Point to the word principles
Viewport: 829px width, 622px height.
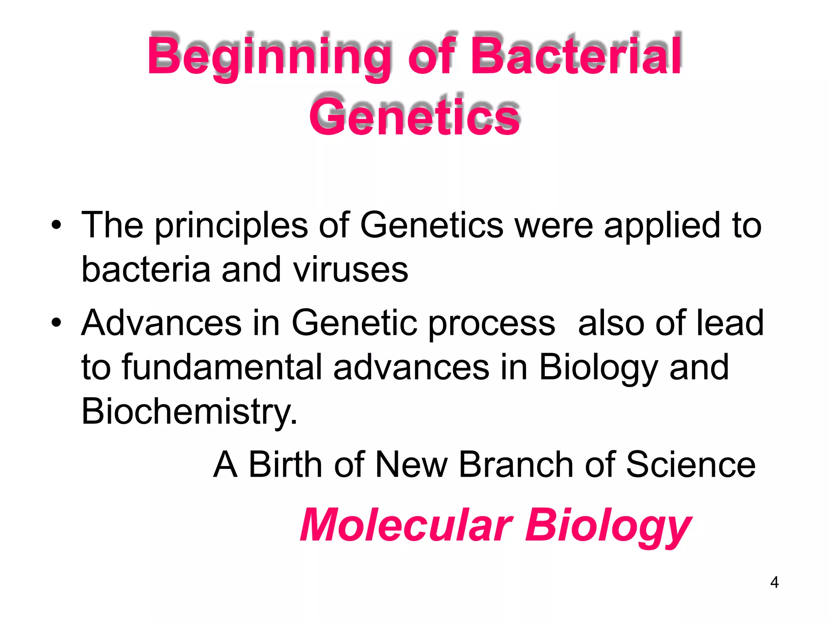click(231, 226)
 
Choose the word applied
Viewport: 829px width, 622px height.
click(662, 226)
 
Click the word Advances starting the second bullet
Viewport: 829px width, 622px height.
click(161, 322)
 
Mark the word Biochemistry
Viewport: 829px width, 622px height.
click(189, 411)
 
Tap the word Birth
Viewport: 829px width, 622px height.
click(285, 464)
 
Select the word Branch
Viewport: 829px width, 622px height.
click(516, 464)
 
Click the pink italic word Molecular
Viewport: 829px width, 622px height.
click(406, 525)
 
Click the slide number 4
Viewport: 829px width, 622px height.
click(774, 582)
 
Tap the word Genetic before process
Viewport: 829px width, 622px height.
click(354, 322)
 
